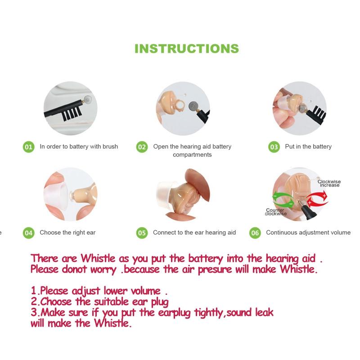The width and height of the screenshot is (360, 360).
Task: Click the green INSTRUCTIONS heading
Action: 186,49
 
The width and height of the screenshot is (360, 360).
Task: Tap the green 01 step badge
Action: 29,147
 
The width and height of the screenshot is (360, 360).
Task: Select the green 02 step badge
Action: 142,147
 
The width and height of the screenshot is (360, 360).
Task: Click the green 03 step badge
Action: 274,147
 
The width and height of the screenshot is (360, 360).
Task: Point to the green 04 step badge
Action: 29,233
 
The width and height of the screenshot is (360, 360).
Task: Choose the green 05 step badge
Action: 142,233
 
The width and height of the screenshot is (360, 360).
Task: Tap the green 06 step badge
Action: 255,233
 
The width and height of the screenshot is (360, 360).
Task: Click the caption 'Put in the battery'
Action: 308,147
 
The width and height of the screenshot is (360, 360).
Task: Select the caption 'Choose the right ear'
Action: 67,233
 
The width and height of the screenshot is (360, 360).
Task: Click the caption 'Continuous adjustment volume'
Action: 308,233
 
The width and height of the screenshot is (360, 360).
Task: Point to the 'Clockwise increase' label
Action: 329,184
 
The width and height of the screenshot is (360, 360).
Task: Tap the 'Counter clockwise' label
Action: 275,212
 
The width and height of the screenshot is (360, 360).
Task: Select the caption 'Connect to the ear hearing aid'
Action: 194,233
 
